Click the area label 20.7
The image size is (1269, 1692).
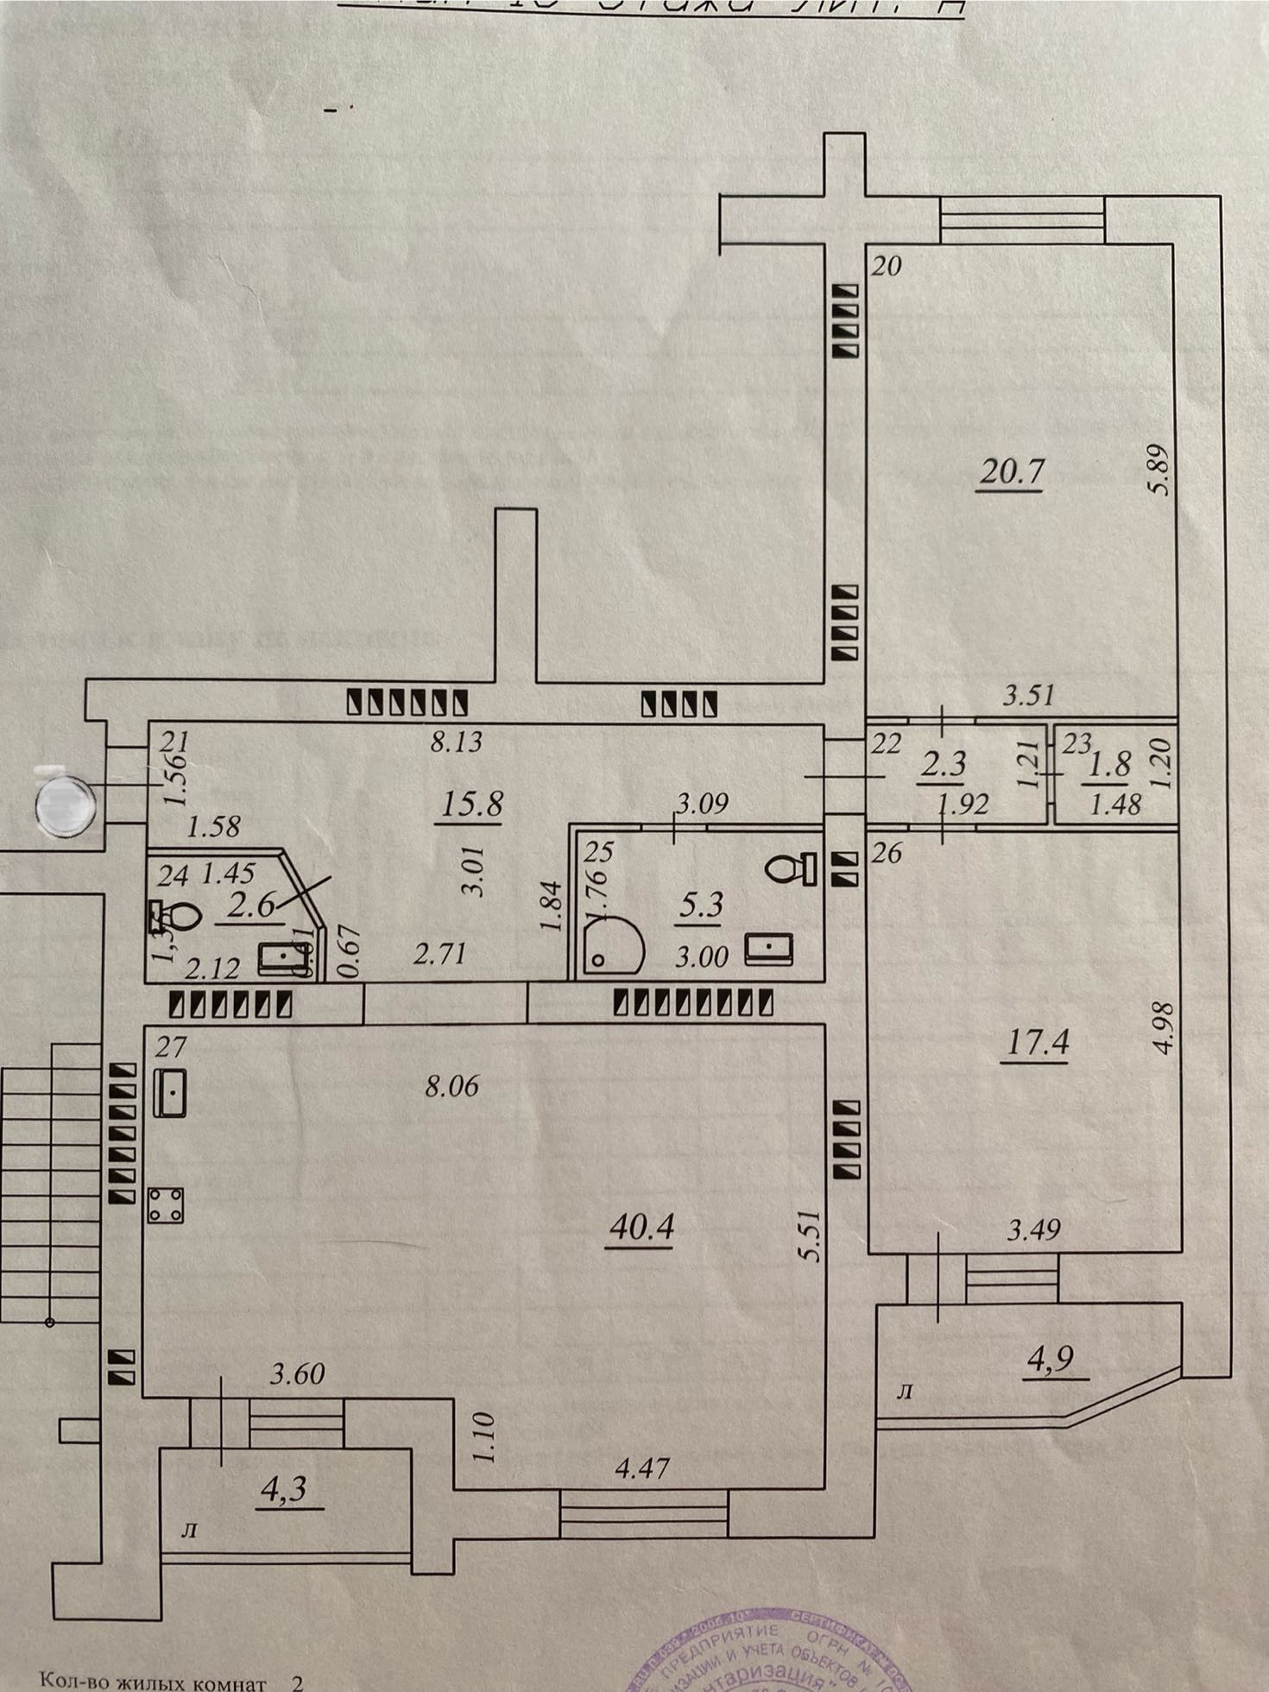(1012, 472)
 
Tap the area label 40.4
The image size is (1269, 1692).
(641, 1227)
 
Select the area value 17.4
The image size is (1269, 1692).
(1038, 1042)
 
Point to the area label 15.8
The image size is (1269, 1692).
(471, 804)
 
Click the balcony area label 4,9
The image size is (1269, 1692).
(1050, 1360)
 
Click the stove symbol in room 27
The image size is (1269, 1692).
(166, 1205)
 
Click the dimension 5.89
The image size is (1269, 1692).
(1159, 468)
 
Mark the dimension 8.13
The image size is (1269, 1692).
(456, 742)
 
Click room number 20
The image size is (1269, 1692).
(886, 266)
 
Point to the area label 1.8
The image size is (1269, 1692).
(1110, 764)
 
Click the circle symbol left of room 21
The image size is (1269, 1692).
(66, 805)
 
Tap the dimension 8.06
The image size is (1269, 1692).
(451, 1086)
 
